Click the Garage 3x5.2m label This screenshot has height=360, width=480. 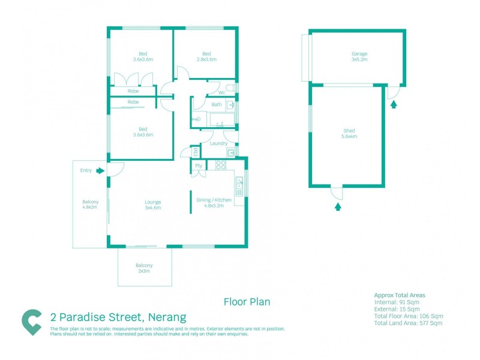pyautogui.click(x=359, y=57)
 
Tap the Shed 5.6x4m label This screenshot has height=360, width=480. pyautogui.click(x=349, y=133)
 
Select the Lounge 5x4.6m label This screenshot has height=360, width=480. pyautogui.click(x=152, y=205)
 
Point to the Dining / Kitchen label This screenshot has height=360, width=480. pyautogui.click(x=206, y=203)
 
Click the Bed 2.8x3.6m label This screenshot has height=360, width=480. pyautogui.click(x=206, y=57)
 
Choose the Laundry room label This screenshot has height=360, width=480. pyautogui.click(x=218, y=143)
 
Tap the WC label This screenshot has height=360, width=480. pyautogui.click(x=221, y=93)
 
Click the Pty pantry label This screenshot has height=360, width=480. pyautogui.click(x=198, y=166)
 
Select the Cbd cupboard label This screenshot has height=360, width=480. pyautogui.click(x=196, y=152)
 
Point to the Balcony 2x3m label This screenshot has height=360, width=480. pyautogui.click(x=144, y=268)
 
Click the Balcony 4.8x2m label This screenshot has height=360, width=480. pyautogui.click(x=91, y=205)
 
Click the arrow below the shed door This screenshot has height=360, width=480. pyautogui.click(x=337, y=206)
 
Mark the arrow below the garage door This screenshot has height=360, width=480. pyautogui.click(x=394, y=104)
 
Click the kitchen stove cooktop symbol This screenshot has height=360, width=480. pyautogui.click(x=220, y=166)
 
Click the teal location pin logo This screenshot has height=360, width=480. pyautogui.click(x=32, y=322)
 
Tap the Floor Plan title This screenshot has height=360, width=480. pyautogui.click(x=247, y=302)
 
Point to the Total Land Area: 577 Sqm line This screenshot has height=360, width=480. pyautogui.click(x=407, y=323)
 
